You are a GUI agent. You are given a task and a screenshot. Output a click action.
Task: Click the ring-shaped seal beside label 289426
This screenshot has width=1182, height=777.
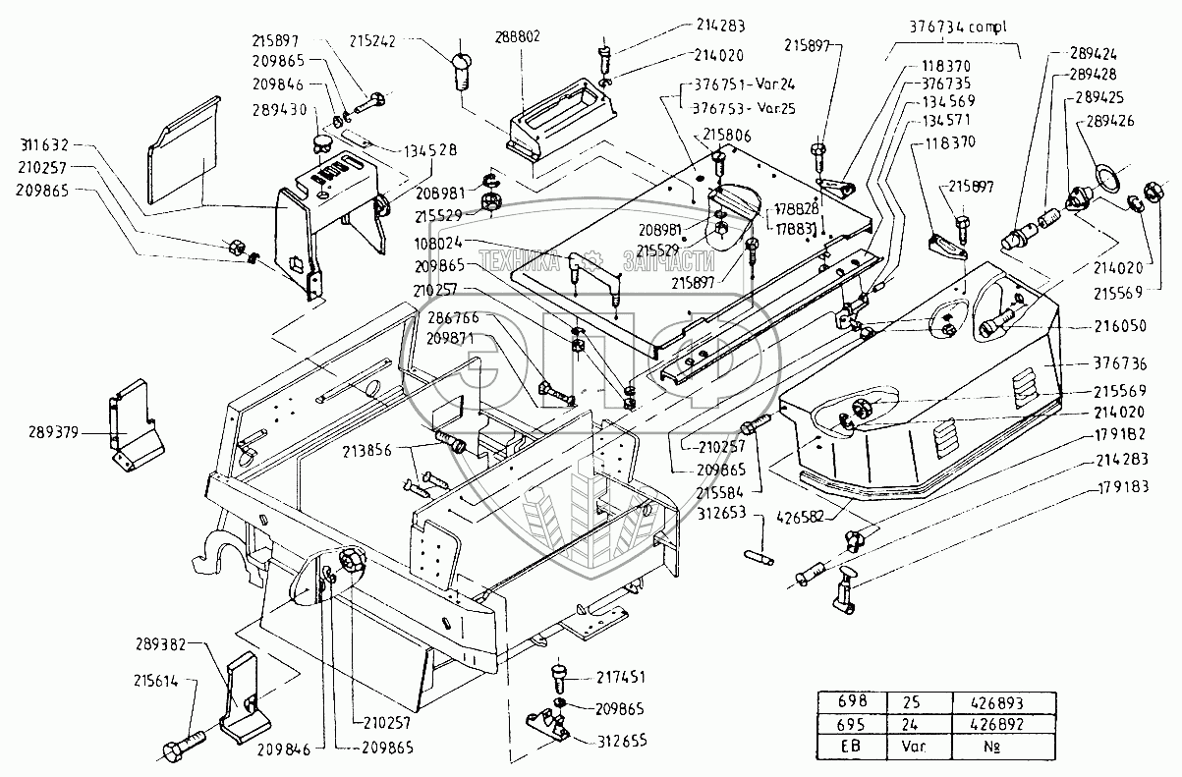point(1106,181)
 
